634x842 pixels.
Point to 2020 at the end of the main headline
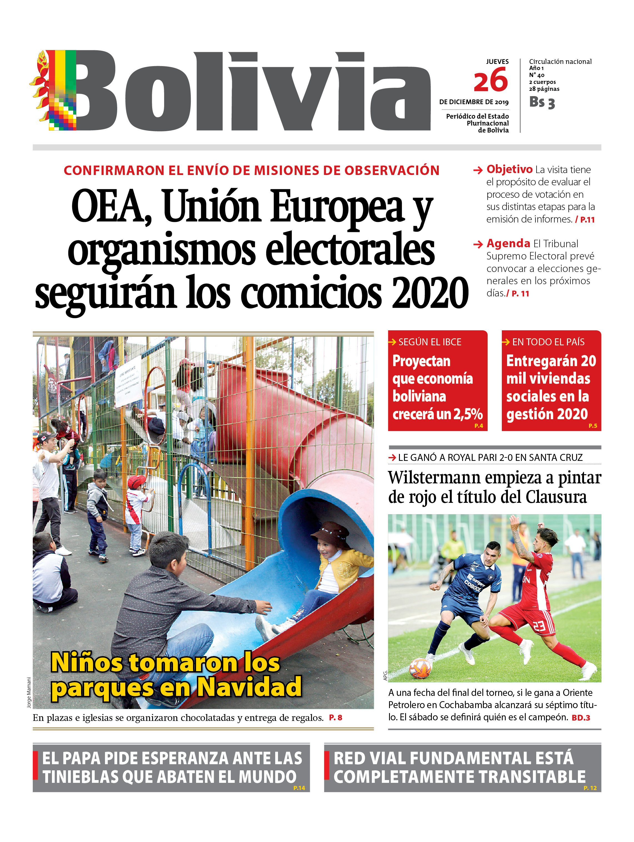(430, 293)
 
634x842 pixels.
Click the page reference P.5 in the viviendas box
(593, 426)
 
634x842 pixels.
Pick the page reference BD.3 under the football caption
(580, 718)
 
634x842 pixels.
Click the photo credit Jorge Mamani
(29, 692)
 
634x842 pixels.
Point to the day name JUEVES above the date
(497, 61)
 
